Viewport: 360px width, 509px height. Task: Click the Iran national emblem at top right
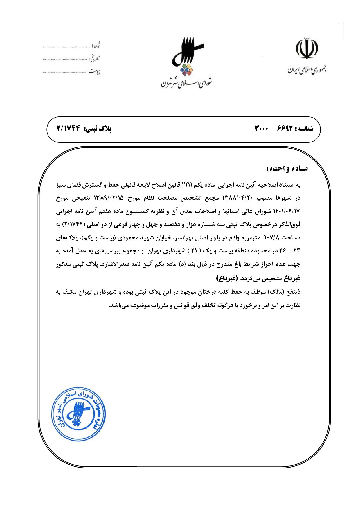point(307,48)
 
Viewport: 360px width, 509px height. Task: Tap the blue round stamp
point(78,414)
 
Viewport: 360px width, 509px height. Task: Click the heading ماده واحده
point(287,169)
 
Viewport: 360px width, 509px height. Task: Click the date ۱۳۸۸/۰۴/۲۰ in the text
point(237,198)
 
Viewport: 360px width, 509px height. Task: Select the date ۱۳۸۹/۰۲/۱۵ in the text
point(108,198)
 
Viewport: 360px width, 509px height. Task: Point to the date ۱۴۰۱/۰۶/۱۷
point(286,212)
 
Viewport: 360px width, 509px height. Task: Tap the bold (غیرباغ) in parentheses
point(227,278)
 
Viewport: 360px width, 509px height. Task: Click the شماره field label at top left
point(96,45)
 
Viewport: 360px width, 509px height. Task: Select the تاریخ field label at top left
point(94,58)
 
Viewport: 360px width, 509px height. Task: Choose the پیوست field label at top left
point(94,71)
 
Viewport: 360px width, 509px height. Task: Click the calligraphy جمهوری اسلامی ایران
point(307,70)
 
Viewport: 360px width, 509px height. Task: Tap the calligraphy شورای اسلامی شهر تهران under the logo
point(186,83)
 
